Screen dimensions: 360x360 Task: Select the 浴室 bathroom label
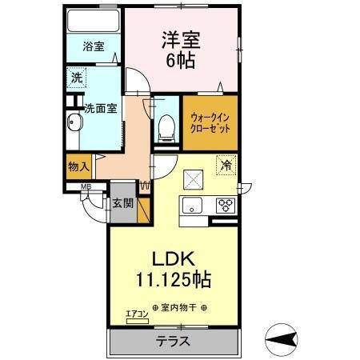pos(93,47)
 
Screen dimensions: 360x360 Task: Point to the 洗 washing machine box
pos(77,78)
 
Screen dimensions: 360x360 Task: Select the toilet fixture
pos(167,126)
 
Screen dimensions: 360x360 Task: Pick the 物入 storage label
pos(78,166)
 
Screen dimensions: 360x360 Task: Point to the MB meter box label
pos(84,189)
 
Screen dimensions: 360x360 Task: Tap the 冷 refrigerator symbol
pos(226,166)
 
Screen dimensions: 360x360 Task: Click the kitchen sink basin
pos(194,206)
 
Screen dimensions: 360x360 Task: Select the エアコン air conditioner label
pos(137,315)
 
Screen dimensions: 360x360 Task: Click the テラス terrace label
pos(172,340)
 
